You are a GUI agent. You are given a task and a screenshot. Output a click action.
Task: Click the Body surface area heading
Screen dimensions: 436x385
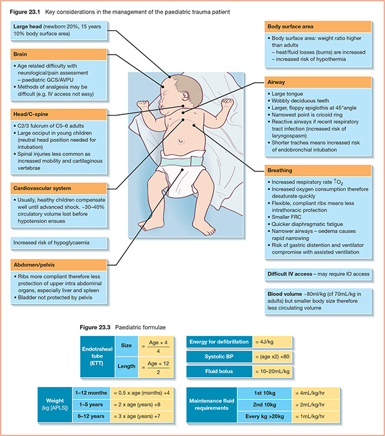click(x=318, y=26)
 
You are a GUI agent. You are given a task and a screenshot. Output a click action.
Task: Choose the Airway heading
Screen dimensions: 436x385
click(x=318, y=83)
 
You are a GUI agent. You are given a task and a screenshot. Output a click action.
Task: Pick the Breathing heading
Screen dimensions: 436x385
click(x=318, y=171)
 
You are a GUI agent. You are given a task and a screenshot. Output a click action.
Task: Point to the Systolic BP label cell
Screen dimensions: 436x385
click(x=213, y=356)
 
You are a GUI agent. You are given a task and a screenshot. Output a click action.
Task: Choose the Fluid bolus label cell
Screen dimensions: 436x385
click(x=213, y=372)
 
